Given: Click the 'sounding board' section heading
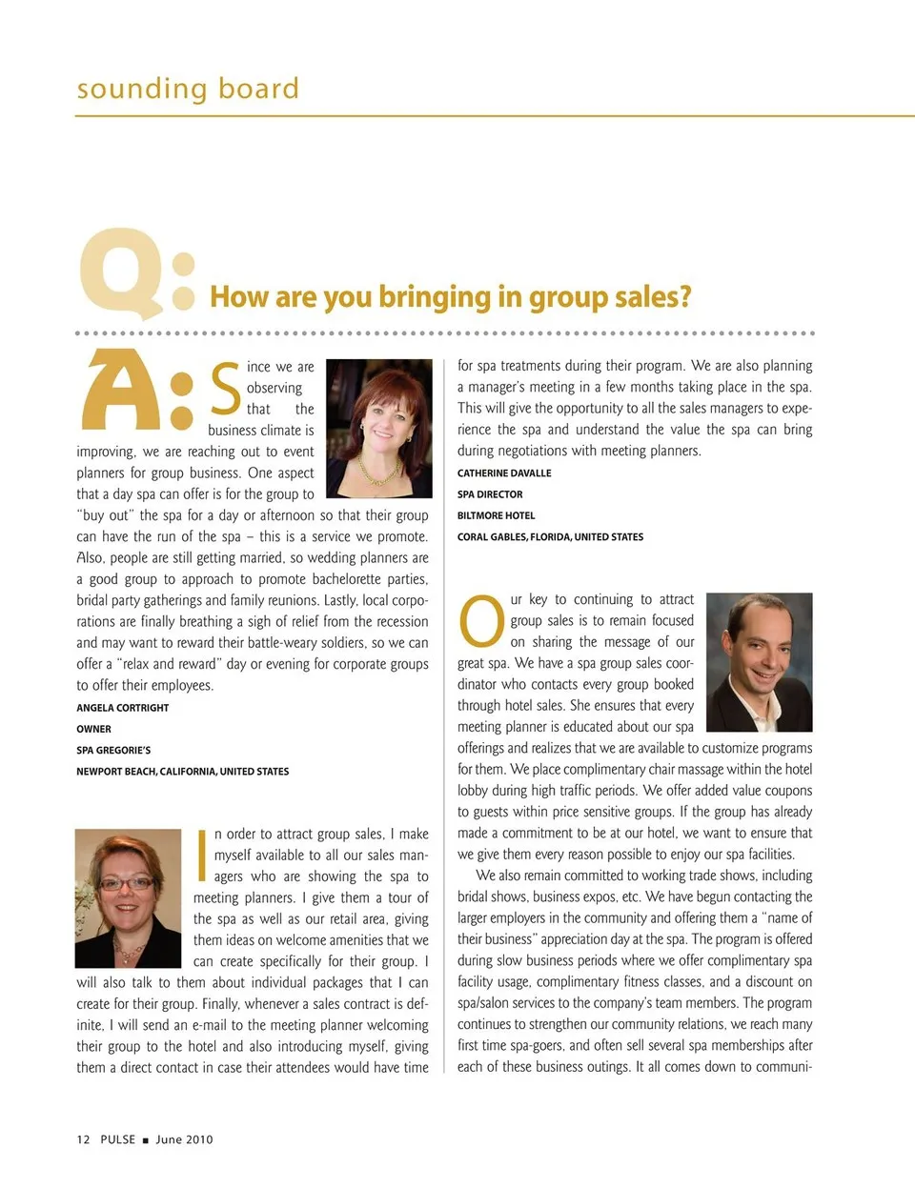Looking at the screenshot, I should point(188,89).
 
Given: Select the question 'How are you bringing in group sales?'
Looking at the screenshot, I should point(451,297).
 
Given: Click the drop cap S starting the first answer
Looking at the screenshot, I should point(225,389).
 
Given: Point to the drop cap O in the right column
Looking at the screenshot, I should point(481,620).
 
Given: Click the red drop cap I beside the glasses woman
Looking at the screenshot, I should point(201,855).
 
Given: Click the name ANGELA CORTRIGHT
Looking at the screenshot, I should point(123,708).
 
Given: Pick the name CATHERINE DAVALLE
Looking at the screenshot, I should point(504,473).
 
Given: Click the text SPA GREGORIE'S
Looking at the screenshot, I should point(113,751).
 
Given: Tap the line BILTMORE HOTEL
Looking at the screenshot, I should point(496,515).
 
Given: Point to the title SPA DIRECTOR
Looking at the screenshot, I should point(490,494).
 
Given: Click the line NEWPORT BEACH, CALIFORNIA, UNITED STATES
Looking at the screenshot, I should point(183,772).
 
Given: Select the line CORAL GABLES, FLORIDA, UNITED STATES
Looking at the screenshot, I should point(550,537).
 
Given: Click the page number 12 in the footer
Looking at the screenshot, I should point(83,1139).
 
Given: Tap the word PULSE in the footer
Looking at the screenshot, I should point(118,1139).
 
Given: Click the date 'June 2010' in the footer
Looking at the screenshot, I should point(184,1139).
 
